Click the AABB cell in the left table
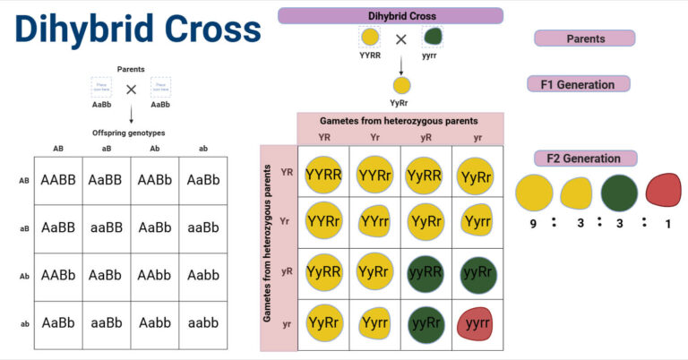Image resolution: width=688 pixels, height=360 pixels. (x=58, y=180)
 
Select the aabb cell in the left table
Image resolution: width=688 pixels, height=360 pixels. (x=203, y=324)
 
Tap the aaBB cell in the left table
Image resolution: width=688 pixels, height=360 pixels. (x=107, y=228)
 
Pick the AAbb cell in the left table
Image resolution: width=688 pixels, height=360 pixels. (x=155, y=277)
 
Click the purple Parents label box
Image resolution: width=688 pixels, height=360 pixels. (x=585, y=39)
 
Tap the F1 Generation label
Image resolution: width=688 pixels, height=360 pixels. (x=578, y=84)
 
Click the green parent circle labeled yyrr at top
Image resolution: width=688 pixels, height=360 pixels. (x=433, y=38)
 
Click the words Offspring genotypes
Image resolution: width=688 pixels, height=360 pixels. (x=130, y=133)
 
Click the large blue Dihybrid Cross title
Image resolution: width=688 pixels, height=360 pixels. (x=137, y=31)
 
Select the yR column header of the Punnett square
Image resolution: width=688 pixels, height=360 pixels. (x=426, y=138)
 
